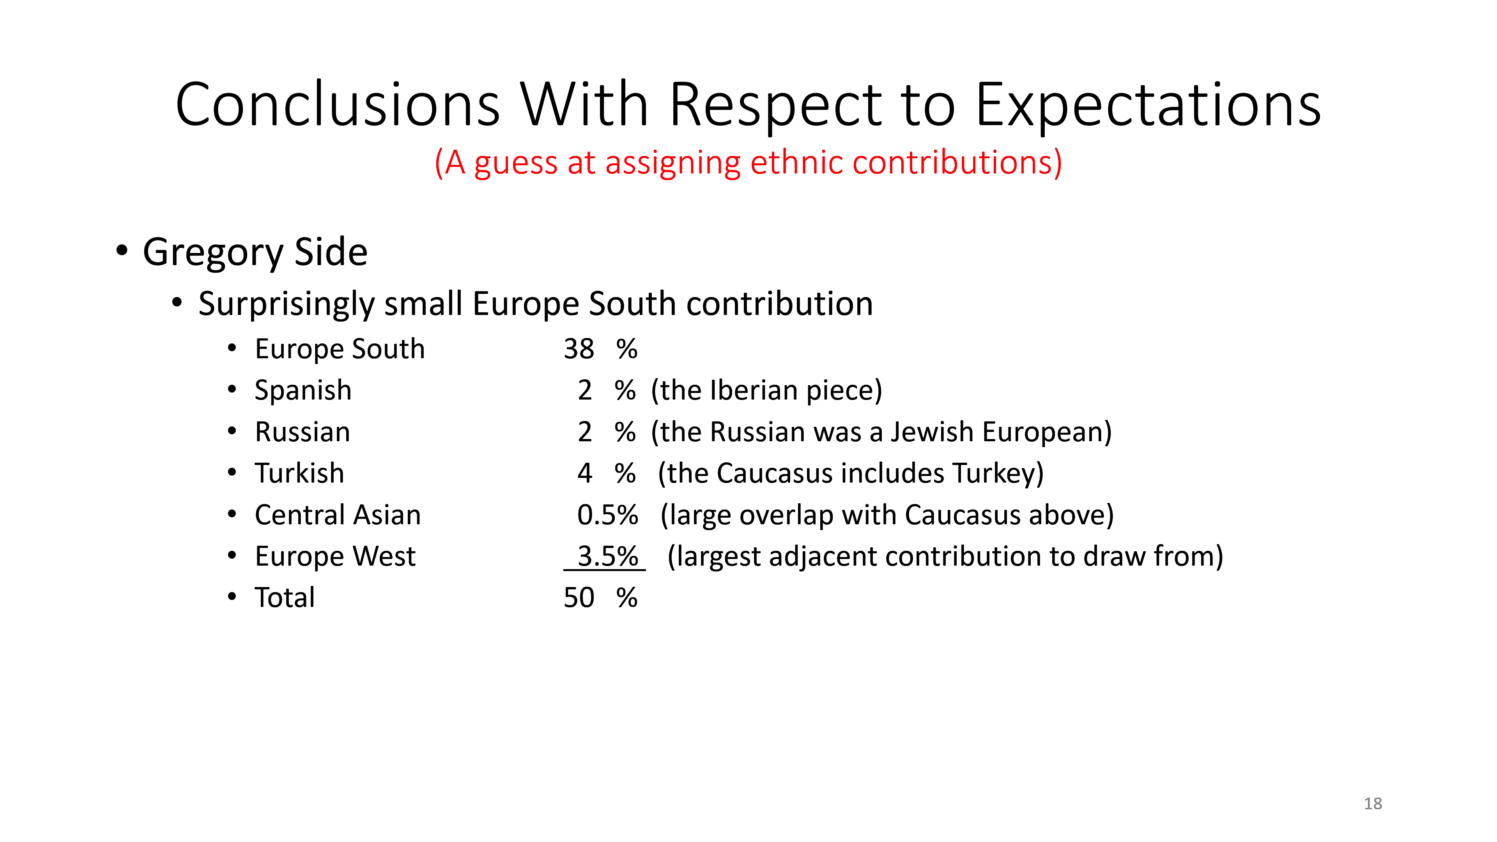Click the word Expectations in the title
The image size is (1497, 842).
(x=1148, y=106)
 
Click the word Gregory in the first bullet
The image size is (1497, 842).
(x=213, y=253)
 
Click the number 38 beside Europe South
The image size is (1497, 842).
(x=579, y=349)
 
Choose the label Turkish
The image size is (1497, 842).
(x=300, y=473)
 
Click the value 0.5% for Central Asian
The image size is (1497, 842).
(x=607, y=515)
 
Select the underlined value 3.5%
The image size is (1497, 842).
(x=607, y=557)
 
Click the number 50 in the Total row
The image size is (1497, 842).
(x=579, y=598)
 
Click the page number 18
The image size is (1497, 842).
(x=1373, y=804)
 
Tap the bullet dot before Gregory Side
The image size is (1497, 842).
(x=122, y=250)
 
